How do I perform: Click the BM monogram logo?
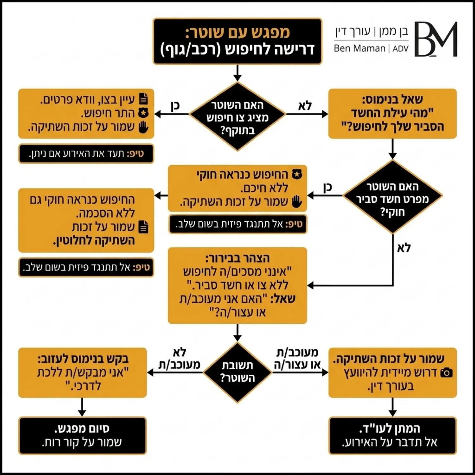(436, 39)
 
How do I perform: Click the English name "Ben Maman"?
(359, 48)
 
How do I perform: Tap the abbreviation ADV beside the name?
(401, 49)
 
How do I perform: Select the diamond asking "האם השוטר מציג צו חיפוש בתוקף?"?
(237, 117)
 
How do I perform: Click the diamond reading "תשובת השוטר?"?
(237, 372)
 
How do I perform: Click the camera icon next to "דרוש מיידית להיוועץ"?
(446, 373)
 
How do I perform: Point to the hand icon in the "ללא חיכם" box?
(297, 202)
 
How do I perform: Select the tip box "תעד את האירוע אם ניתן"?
(86, 154)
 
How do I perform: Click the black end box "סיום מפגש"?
(82, 435)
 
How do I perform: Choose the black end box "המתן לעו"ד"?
(392, 435)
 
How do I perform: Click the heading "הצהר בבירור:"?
(237, 258)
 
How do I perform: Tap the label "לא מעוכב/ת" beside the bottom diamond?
(180, 358)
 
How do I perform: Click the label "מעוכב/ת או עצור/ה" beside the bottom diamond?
(297, 358)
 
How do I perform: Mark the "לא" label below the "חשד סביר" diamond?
(404, 248)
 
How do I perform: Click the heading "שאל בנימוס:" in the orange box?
(392, 99)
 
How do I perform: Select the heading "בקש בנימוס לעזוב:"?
(83, 359)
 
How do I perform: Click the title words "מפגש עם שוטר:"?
(237, 33)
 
